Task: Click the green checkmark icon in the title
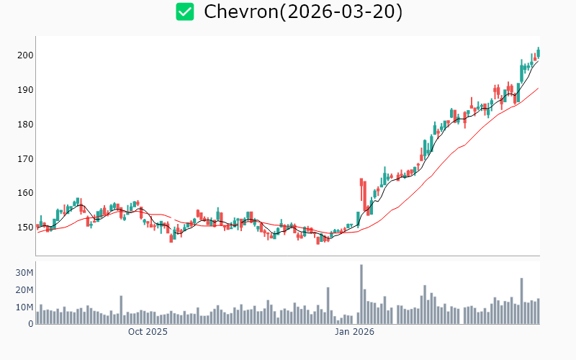(x=185, y=12)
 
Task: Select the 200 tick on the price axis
(x=25, y=55)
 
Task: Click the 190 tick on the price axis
(x=25, y=90)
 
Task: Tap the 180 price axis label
(x=25, y=125)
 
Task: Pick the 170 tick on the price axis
(x=25, y=158)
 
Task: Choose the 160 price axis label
(x=25, y=193)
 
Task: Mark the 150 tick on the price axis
(x=25, y=228)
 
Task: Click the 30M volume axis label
(x=25, y=273)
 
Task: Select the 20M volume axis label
(x=25, y=290)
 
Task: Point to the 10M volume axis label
(x=25, y=307)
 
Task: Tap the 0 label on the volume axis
(x=31, y=324)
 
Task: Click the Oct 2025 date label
(x=148, y=332)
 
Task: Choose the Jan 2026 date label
(x=354, y=332)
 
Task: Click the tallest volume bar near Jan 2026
(x=361, y=294)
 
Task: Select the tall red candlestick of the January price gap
(x=361, y=189)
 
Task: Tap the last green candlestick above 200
(x=538, y=52)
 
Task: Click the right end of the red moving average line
(x=538, y=89)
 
